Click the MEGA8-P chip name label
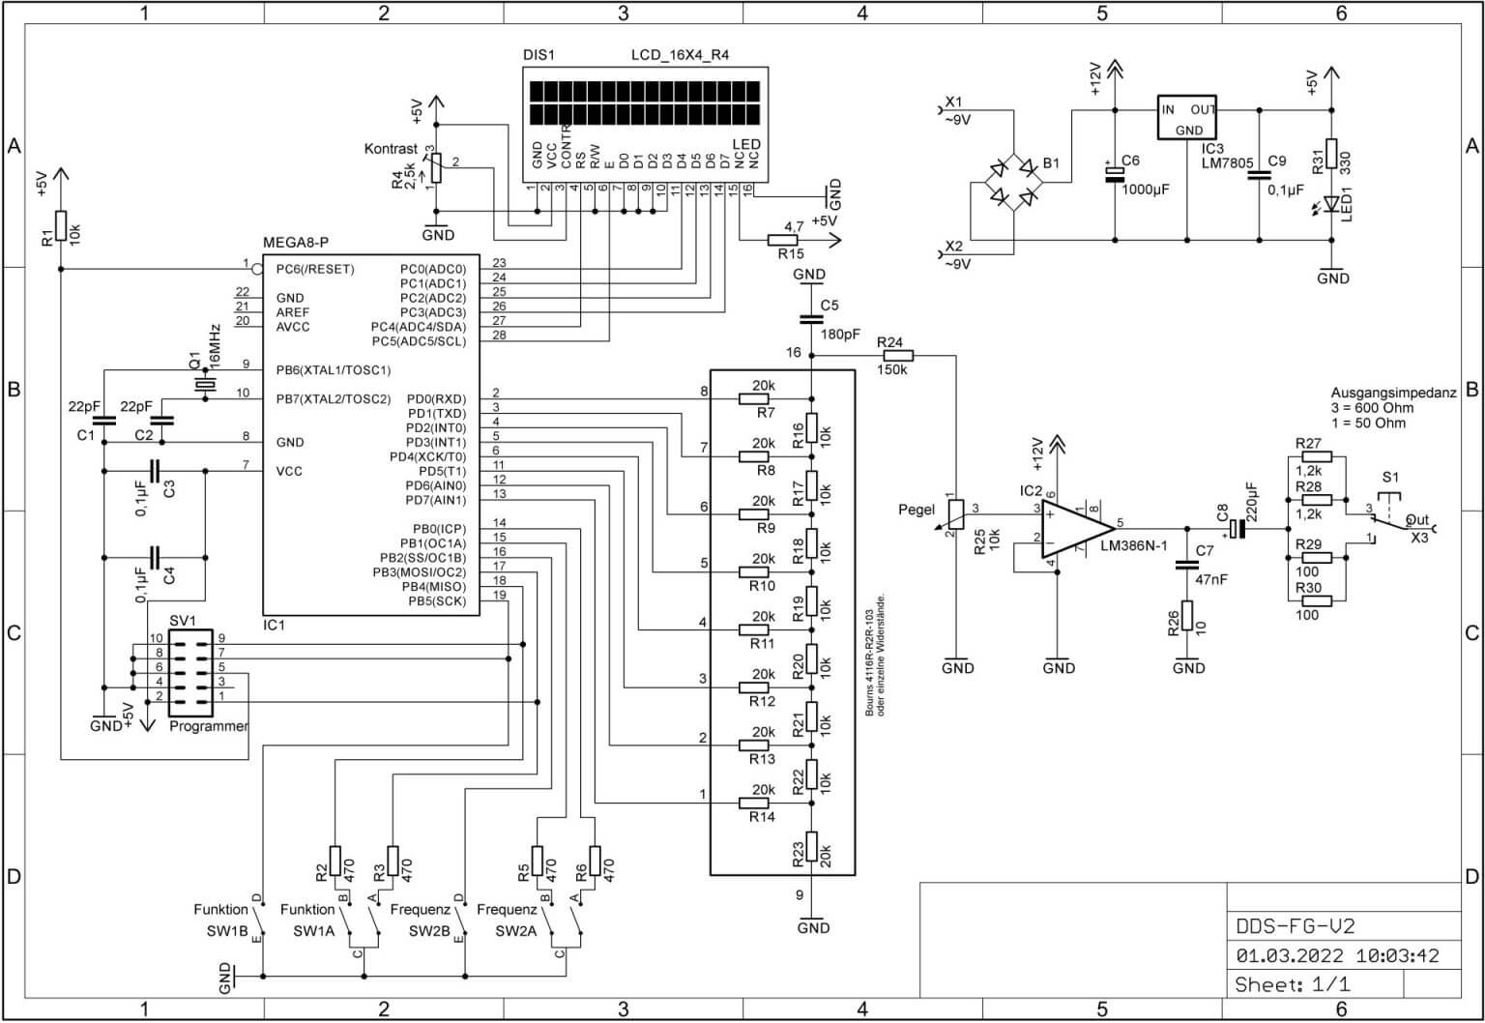click(x=296, y=242)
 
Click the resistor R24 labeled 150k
click(x=891, y=357)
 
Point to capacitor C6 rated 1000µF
click(x=1115, y=173)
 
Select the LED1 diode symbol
click(x=1331, y=204)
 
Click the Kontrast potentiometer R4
click(x=436, y=168)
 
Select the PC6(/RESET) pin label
click(x=314, y=269)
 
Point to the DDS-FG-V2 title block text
click(x=1296, y=925)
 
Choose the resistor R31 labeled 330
click(x=1331, y=154)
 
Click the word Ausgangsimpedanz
click(x=1393, y=394)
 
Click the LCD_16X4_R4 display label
click(x=680, y=55)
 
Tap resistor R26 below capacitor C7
click(x=1187, y=616)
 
